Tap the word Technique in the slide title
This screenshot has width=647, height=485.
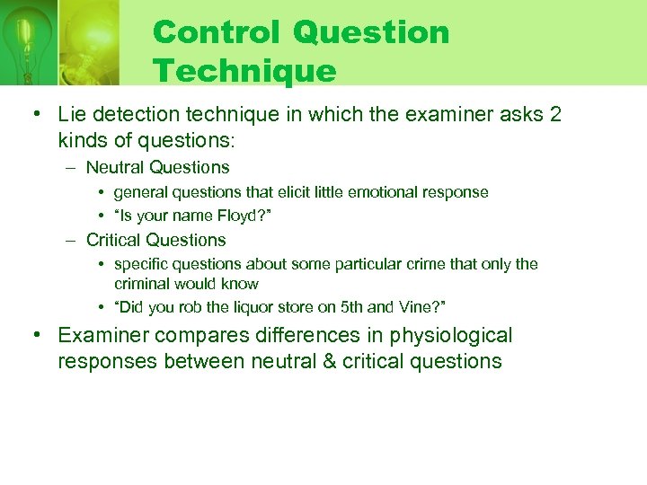pyautogui.click(x=244, y=70)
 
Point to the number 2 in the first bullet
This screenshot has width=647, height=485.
pyautogui.click(x=554, y=114)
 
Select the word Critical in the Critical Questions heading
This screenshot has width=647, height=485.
pyautogui.click(x=114, y=240)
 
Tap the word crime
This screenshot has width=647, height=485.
pyautogui.click(x=452, y=264)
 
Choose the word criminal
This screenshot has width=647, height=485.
pyautogui.click(x=142, y=284)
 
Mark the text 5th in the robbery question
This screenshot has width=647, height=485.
pyautogui.click(x=352, y=307)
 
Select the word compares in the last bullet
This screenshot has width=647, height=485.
pyautogui.click(x=194, y=336)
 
